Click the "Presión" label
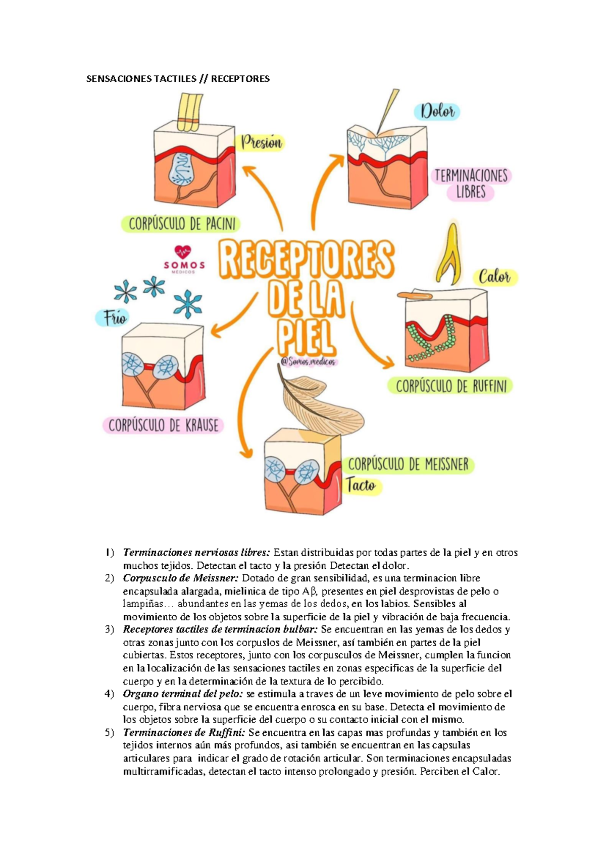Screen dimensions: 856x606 [262, 143]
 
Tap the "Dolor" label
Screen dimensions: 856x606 [437, 112]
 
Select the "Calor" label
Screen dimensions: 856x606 [494, 277]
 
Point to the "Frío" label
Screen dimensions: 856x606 [114, 318]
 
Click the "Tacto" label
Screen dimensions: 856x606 [361, 486]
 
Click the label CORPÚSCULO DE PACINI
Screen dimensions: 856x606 [182, 224]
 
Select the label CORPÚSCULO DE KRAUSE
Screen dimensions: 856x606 [163, 425]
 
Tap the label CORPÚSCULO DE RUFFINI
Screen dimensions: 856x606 [450, 387]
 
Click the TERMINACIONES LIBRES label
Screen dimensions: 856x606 [471, 184]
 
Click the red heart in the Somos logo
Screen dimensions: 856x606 [182, 252]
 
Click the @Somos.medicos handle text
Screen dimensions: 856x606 [308, 361]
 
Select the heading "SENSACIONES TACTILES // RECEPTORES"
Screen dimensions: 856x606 [178, 79]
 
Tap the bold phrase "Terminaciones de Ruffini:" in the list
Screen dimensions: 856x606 [184, 732]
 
